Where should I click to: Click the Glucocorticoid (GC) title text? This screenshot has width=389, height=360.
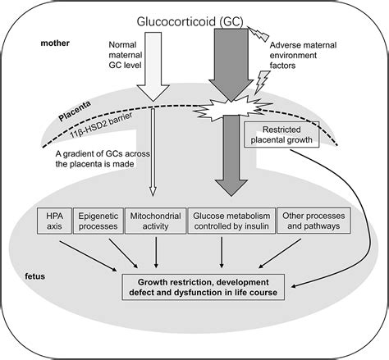[190, 21]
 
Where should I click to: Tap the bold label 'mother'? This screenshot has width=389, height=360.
[55, 43]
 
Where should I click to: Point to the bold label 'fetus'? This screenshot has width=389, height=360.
[34, 276]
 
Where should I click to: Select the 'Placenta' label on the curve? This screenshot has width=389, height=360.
[75, 112]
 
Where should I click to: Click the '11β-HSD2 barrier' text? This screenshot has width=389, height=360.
[101, 125]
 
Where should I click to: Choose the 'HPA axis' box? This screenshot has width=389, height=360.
[54, 221]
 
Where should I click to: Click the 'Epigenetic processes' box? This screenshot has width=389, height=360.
[98, 221]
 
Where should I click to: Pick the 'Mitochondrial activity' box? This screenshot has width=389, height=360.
[155, 221]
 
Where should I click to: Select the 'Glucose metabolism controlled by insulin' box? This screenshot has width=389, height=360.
[231, 221]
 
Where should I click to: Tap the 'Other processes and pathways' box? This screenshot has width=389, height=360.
[313, 221]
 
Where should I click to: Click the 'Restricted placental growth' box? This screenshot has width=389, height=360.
[281, 134]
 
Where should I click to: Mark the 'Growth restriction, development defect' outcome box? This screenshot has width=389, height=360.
[203, 287]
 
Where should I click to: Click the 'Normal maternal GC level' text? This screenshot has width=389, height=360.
[126, 55]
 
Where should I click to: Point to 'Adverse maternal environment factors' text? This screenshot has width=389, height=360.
[303, 55]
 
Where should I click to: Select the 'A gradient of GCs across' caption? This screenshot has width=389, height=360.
[103, 153]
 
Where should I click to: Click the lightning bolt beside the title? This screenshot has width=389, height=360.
[259, 34]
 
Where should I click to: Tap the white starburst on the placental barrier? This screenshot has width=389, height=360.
[232, 108]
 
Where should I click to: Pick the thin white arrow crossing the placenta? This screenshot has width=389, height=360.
[153, 153]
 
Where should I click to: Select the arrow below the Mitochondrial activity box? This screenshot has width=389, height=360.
[156, 253]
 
